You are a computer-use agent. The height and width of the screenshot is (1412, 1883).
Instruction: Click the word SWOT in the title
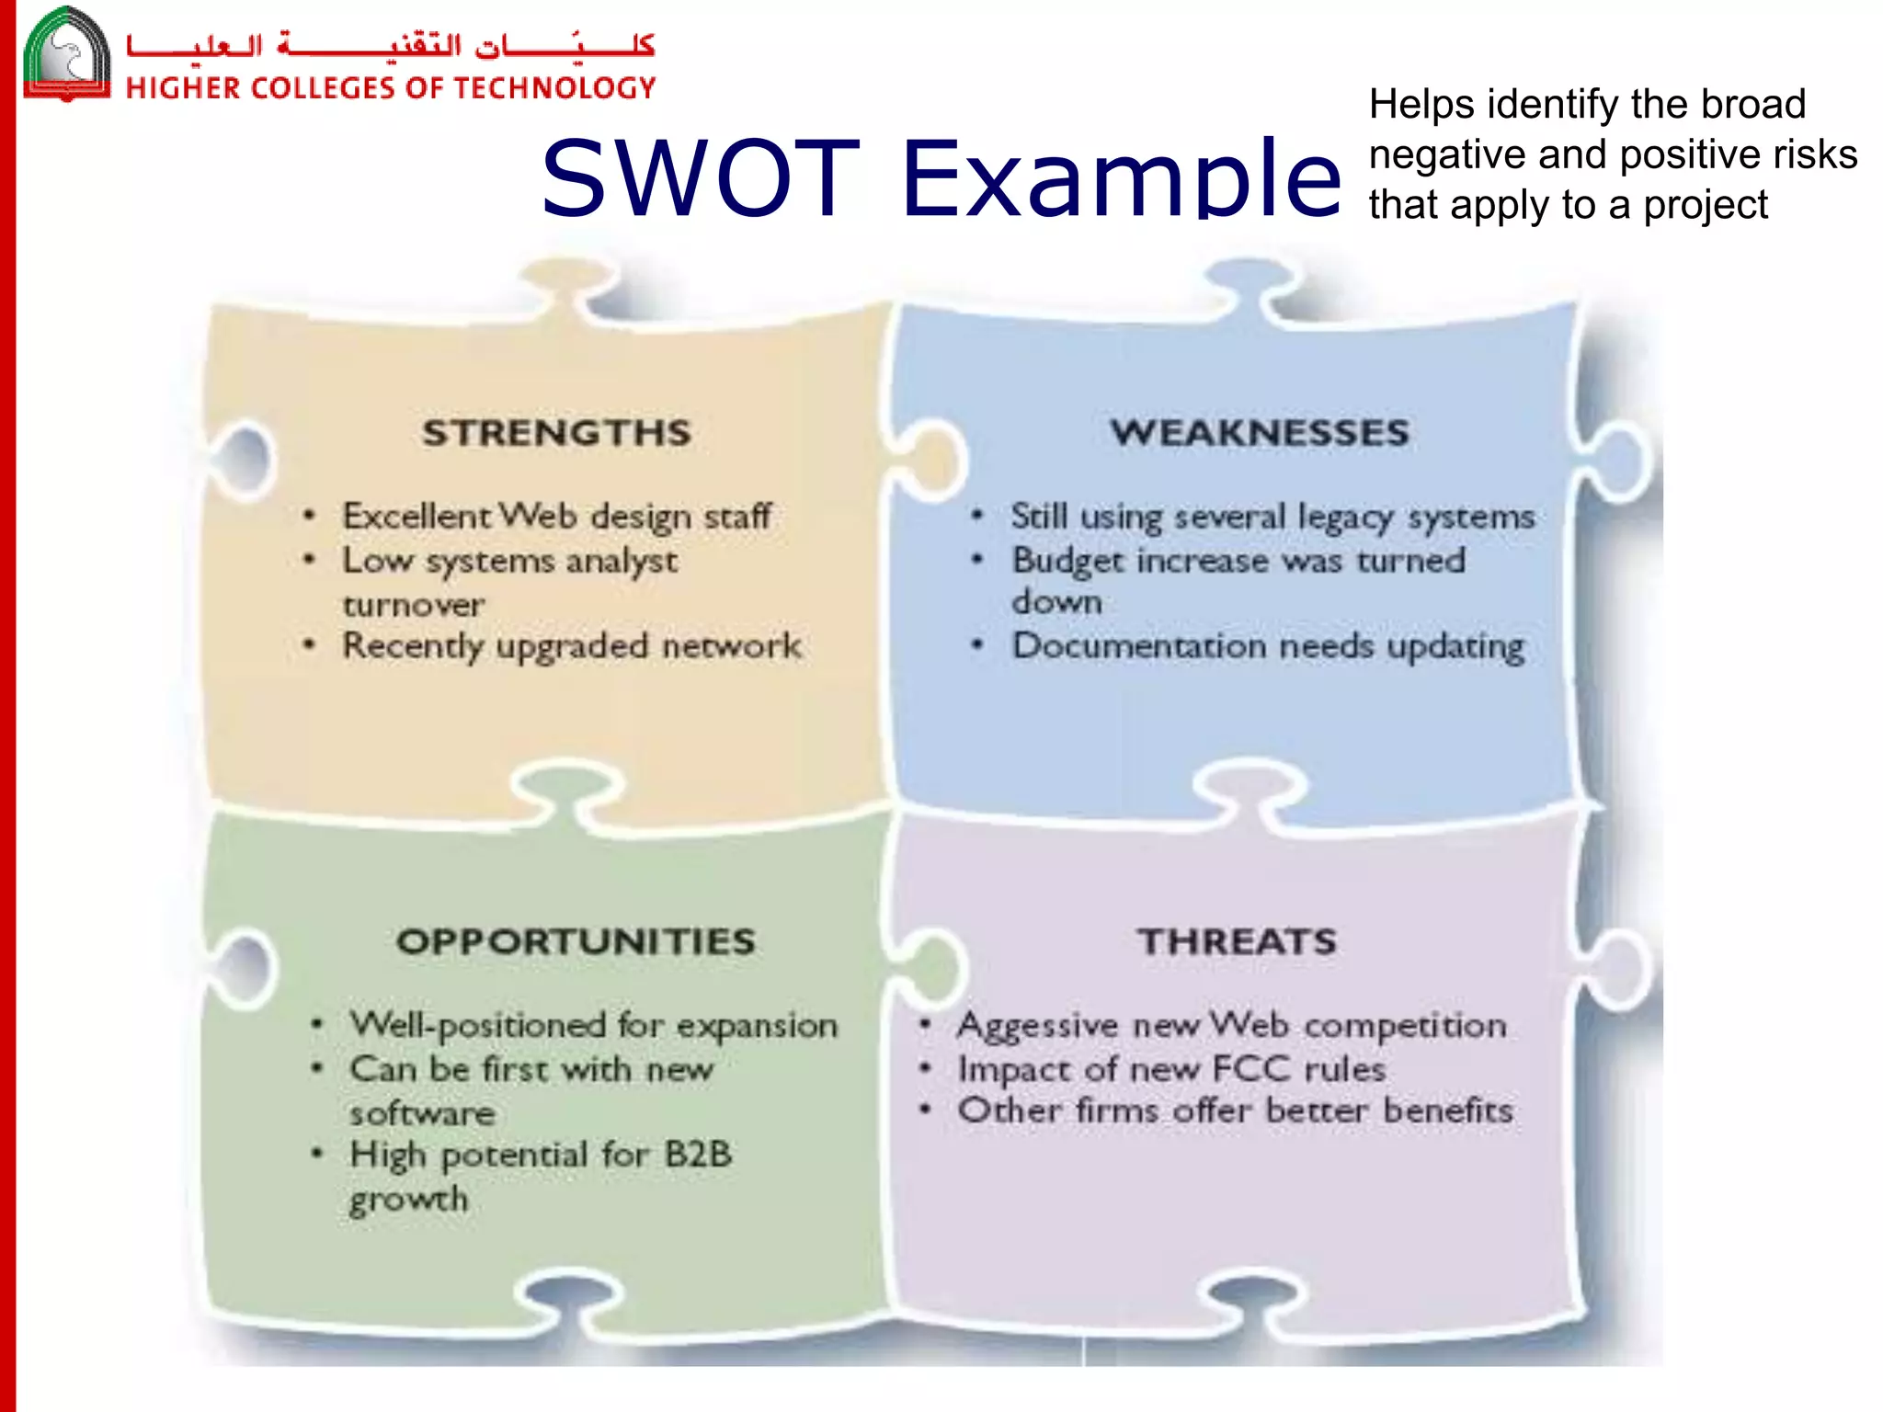point(701,178)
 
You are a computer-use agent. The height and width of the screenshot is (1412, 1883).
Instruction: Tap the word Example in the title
point(1122,178)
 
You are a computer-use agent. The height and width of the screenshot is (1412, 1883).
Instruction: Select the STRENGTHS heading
point(556,433)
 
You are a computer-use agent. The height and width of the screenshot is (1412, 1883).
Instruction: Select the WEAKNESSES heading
point(1260,433)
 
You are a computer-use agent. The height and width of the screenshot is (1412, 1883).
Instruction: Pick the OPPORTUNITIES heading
point(576,941)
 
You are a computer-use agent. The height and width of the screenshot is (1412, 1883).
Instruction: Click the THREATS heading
point(1237,941)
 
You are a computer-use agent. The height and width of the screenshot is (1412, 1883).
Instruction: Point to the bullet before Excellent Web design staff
point(310,516)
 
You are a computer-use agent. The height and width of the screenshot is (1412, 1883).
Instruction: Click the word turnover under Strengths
point(414,605)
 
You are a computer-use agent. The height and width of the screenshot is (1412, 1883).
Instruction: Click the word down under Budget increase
point(1056,602)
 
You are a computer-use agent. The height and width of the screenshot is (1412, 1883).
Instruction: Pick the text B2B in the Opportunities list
point(698,1154)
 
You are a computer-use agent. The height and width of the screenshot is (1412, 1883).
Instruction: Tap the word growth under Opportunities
point(409,1200)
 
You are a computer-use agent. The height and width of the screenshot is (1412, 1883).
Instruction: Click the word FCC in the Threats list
point(1251,1069)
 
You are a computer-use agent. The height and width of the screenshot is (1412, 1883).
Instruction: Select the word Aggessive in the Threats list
point(1037,1026)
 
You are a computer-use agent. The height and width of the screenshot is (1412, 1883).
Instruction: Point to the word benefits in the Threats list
point(1448,1110)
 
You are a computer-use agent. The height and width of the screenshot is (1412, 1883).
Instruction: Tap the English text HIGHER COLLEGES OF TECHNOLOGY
point(391,88)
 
